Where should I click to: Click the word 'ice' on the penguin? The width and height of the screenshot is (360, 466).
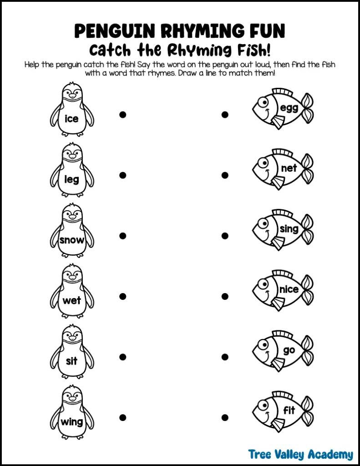(x=71, y=119)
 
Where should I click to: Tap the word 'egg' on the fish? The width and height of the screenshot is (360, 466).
(x=289, y=108)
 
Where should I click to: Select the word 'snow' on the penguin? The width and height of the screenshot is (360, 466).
(x=72, y=240)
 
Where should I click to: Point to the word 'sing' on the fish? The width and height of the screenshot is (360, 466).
(x=289, y=229)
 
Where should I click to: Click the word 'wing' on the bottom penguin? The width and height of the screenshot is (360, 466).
(x=72, y=422)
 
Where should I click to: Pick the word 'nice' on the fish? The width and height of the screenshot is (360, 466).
(x=289, y=289)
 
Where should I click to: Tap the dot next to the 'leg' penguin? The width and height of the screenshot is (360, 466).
(x=122, y=175)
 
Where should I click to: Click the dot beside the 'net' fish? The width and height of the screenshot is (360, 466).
(x=225, y=175)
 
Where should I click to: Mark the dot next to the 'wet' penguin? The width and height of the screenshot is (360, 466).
(x=122, y=296)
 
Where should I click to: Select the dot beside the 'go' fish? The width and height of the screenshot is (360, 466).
(x=225, y=357)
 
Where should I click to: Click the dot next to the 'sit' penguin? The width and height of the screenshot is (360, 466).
(x=122, y=357)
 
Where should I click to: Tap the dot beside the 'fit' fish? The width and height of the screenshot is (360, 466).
(x=225, y=417)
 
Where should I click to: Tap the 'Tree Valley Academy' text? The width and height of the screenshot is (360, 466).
(x=300, y=454)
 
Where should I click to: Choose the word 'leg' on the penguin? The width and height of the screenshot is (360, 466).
(x=71, y=179)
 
